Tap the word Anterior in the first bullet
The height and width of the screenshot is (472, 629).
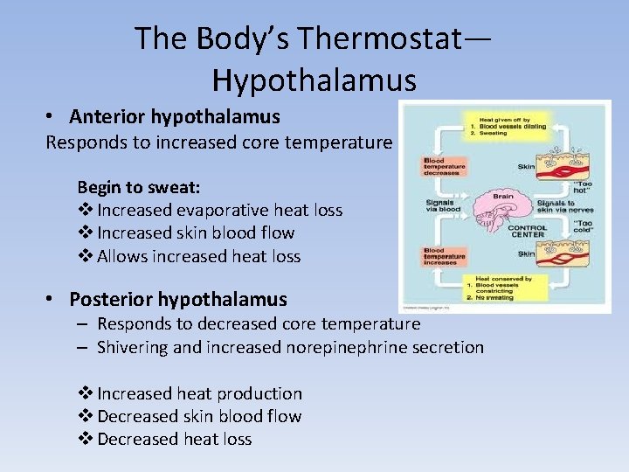click(107, 117)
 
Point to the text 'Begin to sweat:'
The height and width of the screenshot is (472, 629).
click(139, 187)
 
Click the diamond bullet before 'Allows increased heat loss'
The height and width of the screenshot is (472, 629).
click(86, 256)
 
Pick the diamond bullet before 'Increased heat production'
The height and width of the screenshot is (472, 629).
click(86, 393)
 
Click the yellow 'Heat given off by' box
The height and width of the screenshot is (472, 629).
click(509, 128)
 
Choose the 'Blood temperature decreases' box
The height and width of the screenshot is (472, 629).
click(445, 167)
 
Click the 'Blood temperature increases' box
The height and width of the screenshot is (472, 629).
click(445, 256)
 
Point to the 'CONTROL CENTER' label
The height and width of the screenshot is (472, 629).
click(527, 232)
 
